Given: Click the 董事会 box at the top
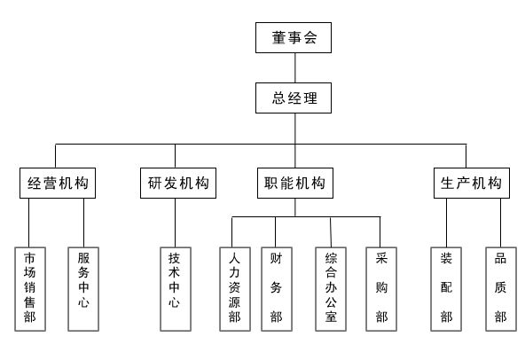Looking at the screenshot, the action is tap(294, 37).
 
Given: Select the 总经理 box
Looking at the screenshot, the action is tap(294, 98).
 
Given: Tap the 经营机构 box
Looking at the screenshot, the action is tap(58, 183).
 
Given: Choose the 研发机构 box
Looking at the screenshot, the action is tap(178, 183).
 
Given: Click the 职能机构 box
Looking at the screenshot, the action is tap(295, 183).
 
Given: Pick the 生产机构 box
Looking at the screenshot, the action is tap(472, 183).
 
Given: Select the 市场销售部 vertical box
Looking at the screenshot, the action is tap(30, 289).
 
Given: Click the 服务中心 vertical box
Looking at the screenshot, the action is tap(83, 289).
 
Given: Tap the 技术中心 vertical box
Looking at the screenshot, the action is tap(176, 289).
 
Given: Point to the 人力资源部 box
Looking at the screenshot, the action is tap(235, 289).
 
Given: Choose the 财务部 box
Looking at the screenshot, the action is tap(277, 289).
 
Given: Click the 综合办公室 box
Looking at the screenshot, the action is tap(331, 289).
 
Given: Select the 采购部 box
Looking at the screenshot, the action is tap(381, 289).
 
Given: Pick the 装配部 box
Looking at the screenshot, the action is tap(446, 289).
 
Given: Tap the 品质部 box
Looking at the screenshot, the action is tap(501, 289).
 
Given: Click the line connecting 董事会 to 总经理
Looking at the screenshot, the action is tap(295, 67).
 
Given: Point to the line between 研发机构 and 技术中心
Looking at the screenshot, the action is tap(175, 223).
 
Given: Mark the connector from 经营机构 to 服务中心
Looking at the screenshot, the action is tap(83, 223).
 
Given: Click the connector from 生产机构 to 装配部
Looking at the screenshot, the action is tap(446, 223).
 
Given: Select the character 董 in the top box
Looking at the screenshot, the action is tap(278, 37).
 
